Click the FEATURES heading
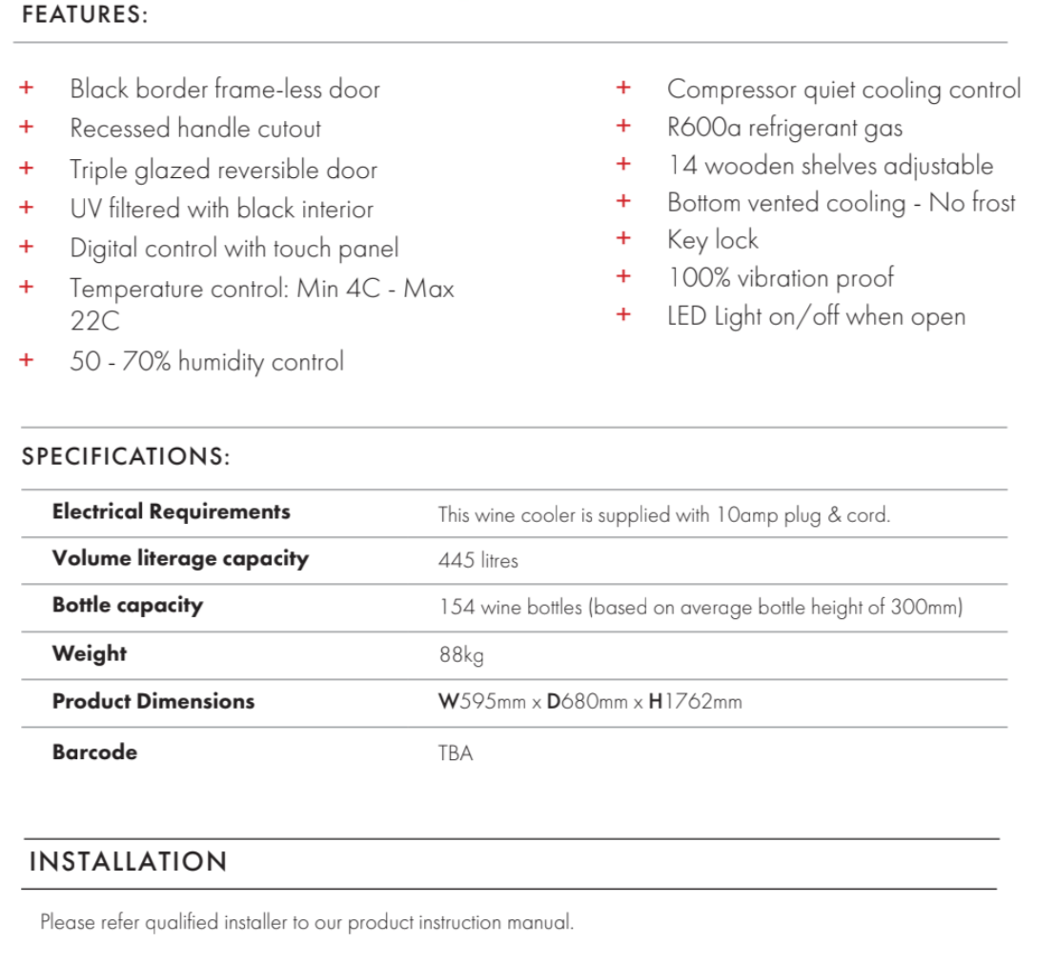(x=85, y=17)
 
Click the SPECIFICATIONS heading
(x=126, y=456)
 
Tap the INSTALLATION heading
(x=129, y=862)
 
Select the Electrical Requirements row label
(x=171, y=511)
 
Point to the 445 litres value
(x=478, y=561)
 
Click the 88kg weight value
(x=461, y=655)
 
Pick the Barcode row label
(x=94, y=752)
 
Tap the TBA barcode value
(x=456, y=753)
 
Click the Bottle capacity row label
(x=128, y=605)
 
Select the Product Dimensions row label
(x=153, y=701)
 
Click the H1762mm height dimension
(x=695, y=703)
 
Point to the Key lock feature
(x=712, y=240)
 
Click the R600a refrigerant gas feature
(x=784, y=128)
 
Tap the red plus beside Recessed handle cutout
(x=27, y=127)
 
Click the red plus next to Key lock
(x=623, y=238)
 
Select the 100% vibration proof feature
(x=781, y=278)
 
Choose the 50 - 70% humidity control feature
(x=207, y=362)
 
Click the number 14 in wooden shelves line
(x=681, y=166)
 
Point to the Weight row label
(x=90, y=653)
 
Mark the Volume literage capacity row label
(x=180, y=558)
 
